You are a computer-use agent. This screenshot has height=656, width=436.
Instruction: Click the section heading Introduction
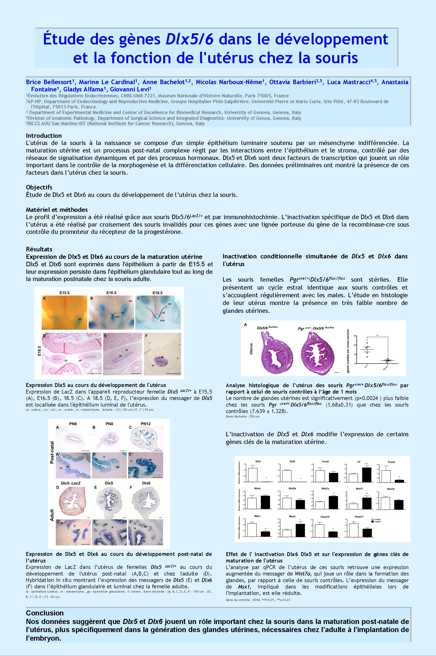44,136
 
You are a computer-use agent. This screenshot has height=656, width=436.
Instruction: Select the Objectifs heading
39,187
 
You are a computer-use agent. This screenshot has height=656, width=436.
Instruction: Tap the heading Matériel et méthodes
57,209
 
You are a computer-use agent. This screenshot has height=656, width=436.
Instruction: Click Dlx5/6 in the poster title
189,39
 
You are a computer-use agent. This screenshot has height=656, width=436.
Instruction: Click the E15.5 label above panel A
64,293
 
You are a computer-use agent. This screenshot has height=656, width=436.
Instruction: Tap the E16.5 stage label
111,293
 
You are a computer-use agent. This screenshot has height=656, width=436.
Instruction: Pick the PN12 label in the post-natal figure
145,424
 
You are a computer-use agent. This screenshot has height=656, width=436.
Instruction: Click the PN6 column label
73,424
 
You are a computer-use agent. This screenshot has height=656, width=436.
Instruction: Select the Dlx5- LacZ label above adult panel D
70,483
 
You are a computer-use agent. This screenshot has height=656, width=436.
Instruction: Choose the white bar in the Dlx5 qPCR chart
253,475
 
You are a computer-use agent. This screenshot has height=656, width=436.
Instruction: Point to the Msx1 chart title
257,516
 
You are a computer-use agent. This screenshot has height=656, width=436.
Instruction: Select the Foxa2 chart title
391,462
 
